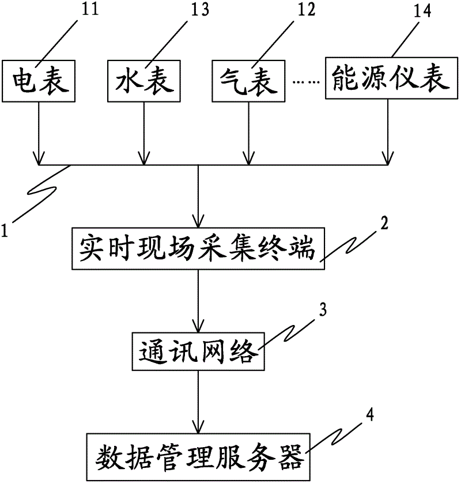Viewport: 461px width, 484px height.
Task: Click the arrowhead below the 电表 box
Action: point(39,157)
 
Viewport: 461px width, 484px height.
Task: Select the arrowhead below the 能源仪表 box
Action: point(388,157)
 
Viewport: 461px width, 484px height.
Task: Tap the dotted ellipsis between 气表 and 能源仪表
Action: point(306,82)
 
